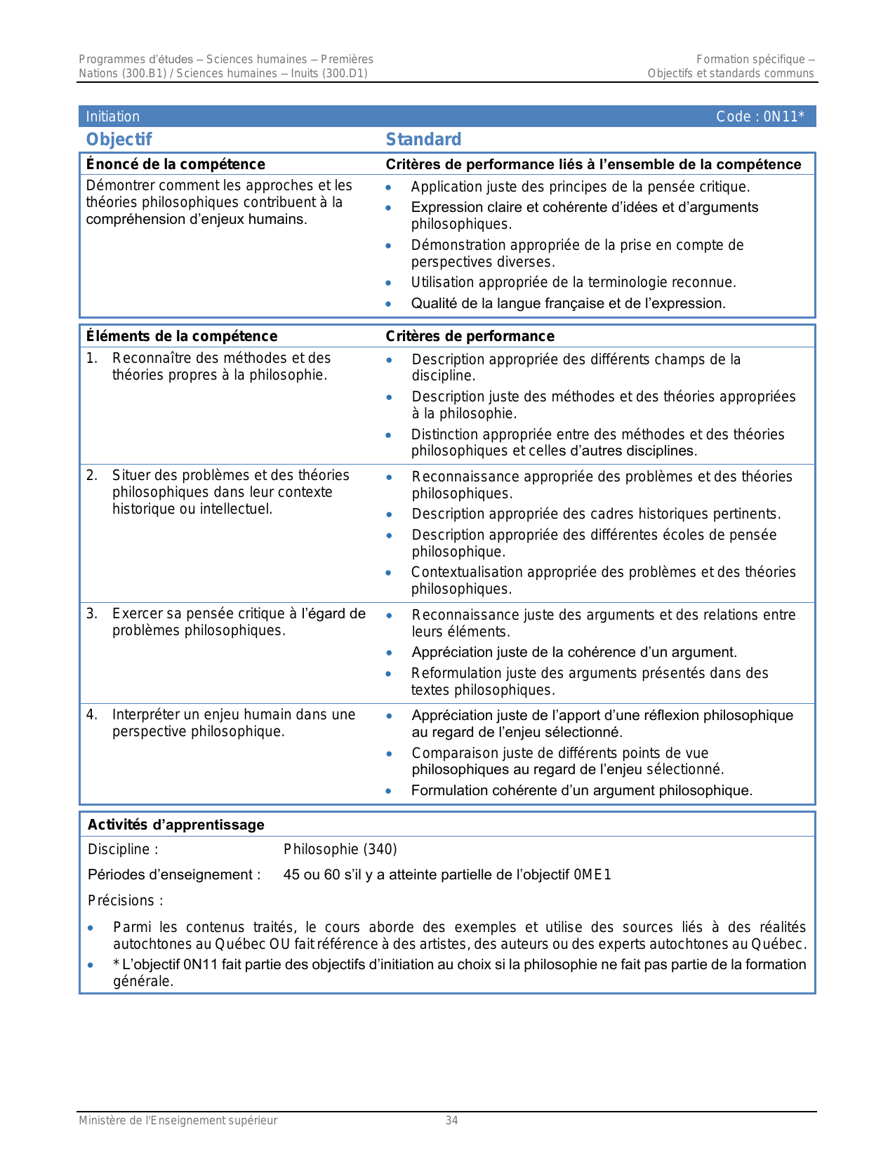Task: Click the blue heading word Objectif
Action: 119,140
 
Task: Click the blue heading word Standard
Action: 423,140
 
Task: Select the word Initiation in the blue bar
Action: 112,117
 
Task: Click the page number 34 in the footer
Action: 451,1121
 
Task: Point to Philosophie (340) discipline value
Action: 340,849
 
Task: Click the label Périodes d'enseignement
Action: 173,874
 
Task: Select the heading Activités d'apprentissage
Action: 175,825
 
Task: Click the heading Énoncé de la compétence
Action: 175,164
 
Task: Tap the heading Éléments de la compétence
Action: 182,336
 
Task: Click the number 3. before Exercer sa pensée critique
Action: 92,614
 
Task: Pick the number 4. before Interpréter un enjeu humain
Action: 92,715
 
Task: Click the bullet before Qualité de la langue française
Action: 388,304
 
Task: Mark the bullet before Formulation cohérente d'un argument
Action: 388,791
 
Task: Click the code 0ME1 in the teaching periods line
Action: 592,874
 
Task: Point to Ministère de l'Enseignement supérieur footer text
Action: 178,1121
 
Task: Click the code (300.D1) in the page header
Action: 345,74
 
